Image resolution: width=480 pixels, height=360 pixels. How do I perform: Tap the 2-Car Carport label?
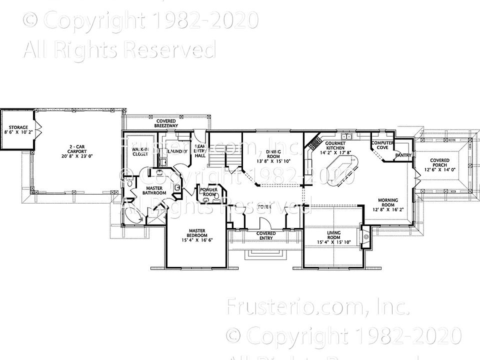click(78, 150)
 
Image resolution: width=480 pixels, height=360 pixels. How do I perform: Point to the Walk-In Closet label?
click(140, 151)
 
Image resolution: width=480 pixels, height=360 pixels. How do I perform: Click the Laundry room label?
click(178, 151)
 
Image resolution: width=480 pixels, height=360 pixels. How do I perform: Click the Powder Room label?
click(208, 192)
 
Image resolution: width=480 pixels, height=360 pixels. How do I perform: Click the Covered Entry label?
click(266, 235)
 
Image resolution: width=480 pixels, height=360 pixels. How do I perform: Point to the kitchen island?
click(342, 169)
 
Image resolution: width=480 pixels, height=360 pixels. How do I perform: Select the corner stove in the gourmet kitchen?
click(314, 142)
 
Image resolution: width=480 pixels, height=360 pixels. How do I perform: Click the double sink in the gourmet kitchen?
click(346, 136)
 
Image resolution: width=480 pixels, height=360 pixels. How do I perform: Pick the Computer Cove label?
click(382, 145)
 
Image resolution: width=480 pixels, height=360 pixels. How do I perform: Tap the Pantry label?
click(403, 155)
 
